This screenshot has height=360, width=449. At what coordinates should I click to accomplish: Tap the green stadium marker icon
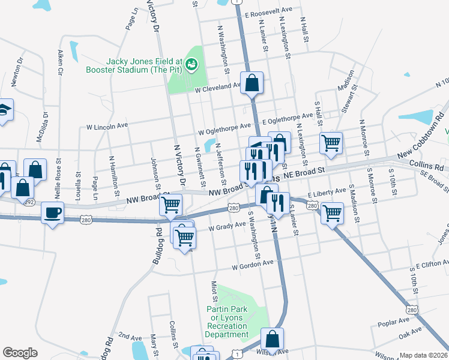click(x=191, y=62)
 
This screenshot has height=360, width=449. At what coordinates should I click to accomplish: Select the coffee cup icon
click(x=53, y=212)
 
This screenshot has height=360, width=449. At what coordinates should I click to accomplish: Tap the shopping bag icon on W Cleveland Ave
click(x=252, y=83)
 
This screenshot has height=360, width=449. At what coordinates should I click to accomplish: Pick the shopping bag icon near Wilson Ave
click(x=272, y=339)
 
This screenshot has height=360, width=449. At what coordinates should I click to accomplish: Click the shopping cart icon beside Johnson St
click(x=171, y=205)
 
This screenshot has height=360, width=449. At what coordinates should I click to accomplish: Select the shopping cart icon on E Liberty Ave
click(x=332, y=212)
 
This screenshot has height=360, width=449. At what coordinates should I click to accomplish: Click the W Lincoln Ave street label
click(x=107, y=127)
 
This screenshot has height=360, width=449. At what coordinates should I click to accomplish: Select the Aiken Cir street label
click(x=61, y=62)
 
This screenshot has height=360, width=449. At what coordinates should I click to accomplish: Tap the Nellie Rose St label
click(x=58, y=174)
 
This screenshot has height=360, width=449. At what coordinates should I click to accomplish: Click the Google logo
click(x=20, y=353)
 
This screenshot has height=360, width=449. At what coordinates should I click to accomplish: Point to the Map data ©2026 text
click(x=423, y=355)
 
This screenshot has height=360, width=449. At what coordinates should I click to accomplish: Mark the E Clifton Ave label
click(x=428, y=264)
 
